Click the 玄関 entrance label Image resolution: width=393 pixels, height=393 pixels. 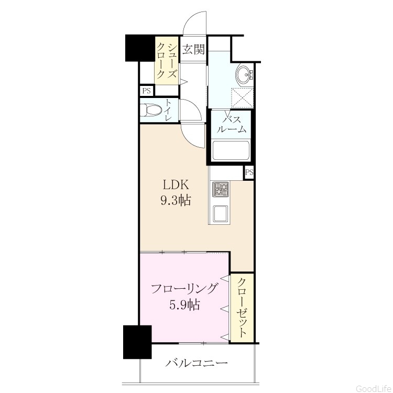tap(193, 49)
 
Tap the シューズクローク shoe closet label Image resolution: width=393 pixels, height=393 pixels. tap(167, 61)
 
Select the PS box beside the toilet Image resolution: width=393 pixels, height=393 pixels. tap(147, 91)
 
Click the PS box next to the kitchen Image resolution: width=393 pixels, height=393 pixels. tap(249, 172)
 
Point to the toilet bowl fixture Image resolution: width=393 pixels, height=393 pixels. tap(150, 110)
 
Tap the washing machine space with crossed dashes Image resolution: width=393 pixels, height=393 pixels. tap(243, 98)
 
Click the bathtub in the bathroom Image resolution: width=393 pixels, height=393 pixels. tap(231, 150)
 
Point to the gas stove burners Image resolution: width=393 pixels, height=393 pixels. tap(221, 189)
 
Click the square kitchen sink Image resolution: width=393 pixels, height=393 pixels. tap(220, 213)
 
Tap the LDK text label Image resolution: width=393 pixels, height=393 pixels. tap(176, 185)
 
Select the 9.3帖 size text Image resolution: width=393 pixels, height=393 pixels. tap(176, 201)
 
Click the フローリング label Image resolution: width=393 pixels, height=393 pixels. tap(184, 289)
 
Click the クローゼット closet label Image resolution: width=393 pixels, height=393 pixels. tap(242, 308)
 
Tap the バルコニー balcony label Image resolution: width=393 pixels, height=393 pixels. tap(196, 363)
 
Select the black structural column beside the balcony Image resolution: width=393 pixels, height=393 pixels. tap(137, 342)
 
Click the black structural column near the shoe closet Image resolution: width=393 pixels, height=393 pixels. tap(139, 48)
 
